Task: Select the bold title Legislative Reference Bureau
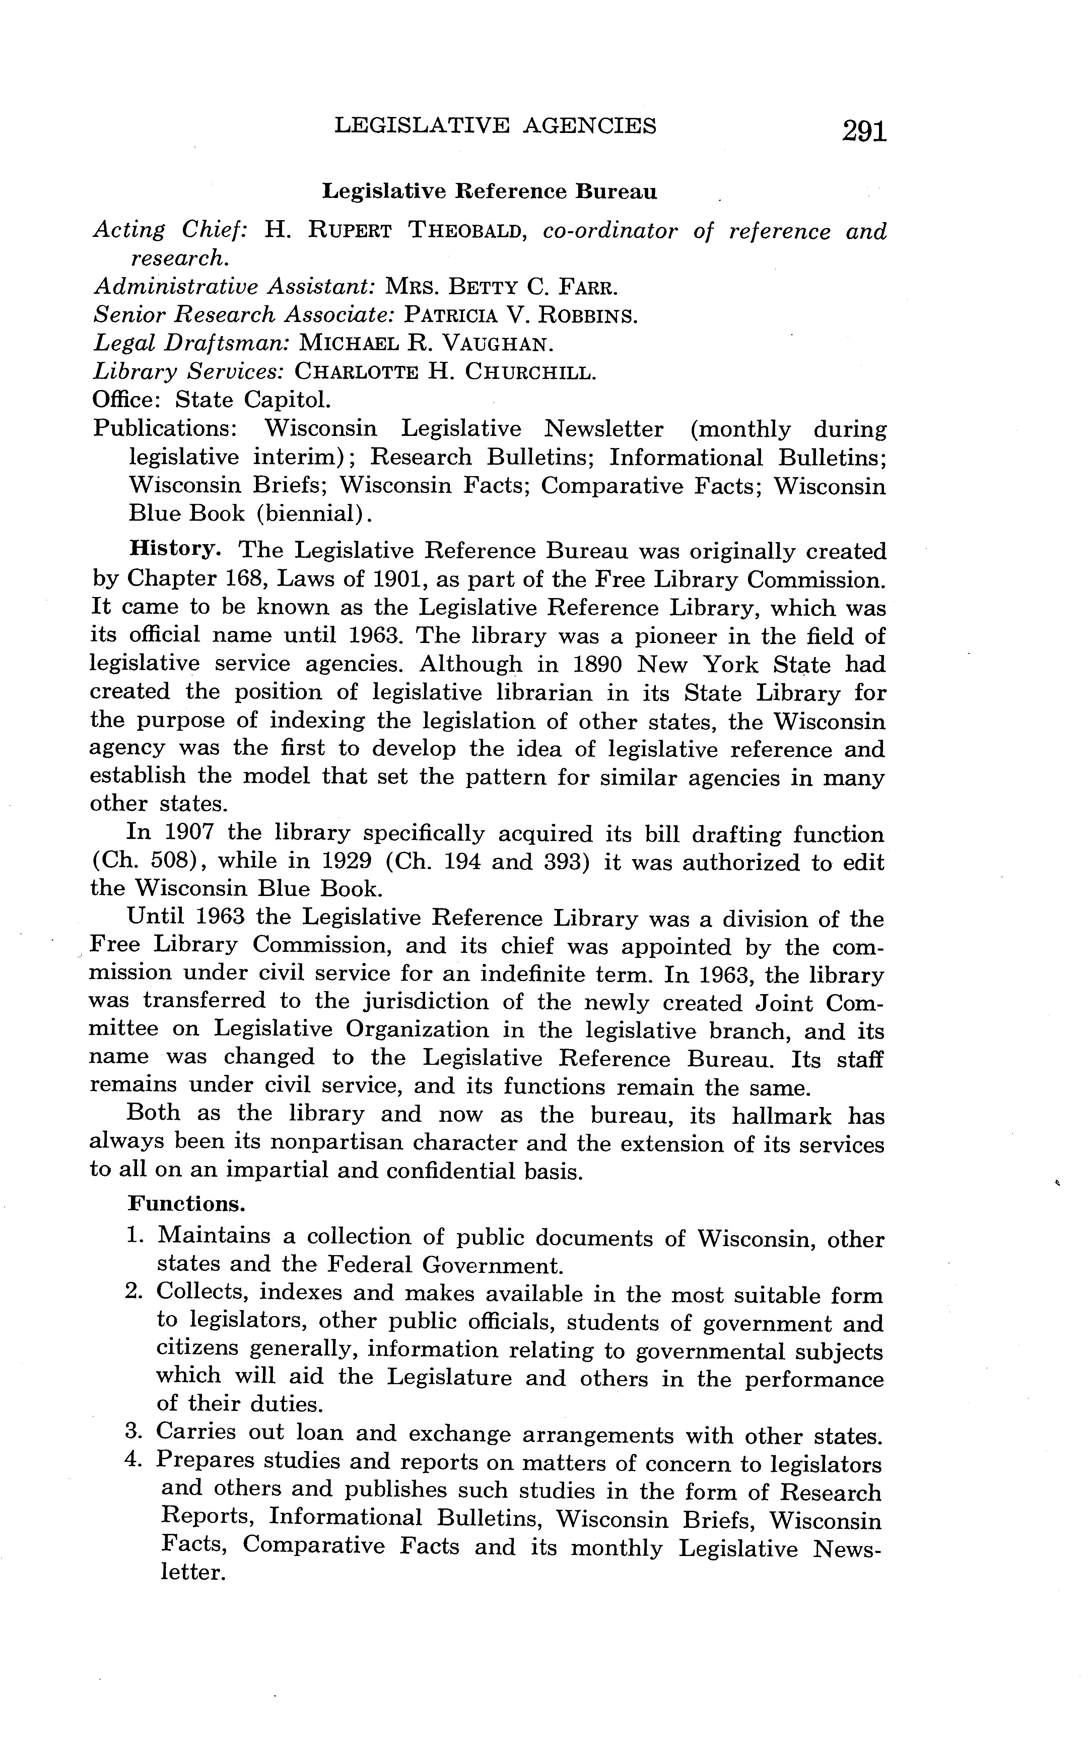(489, 191)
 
